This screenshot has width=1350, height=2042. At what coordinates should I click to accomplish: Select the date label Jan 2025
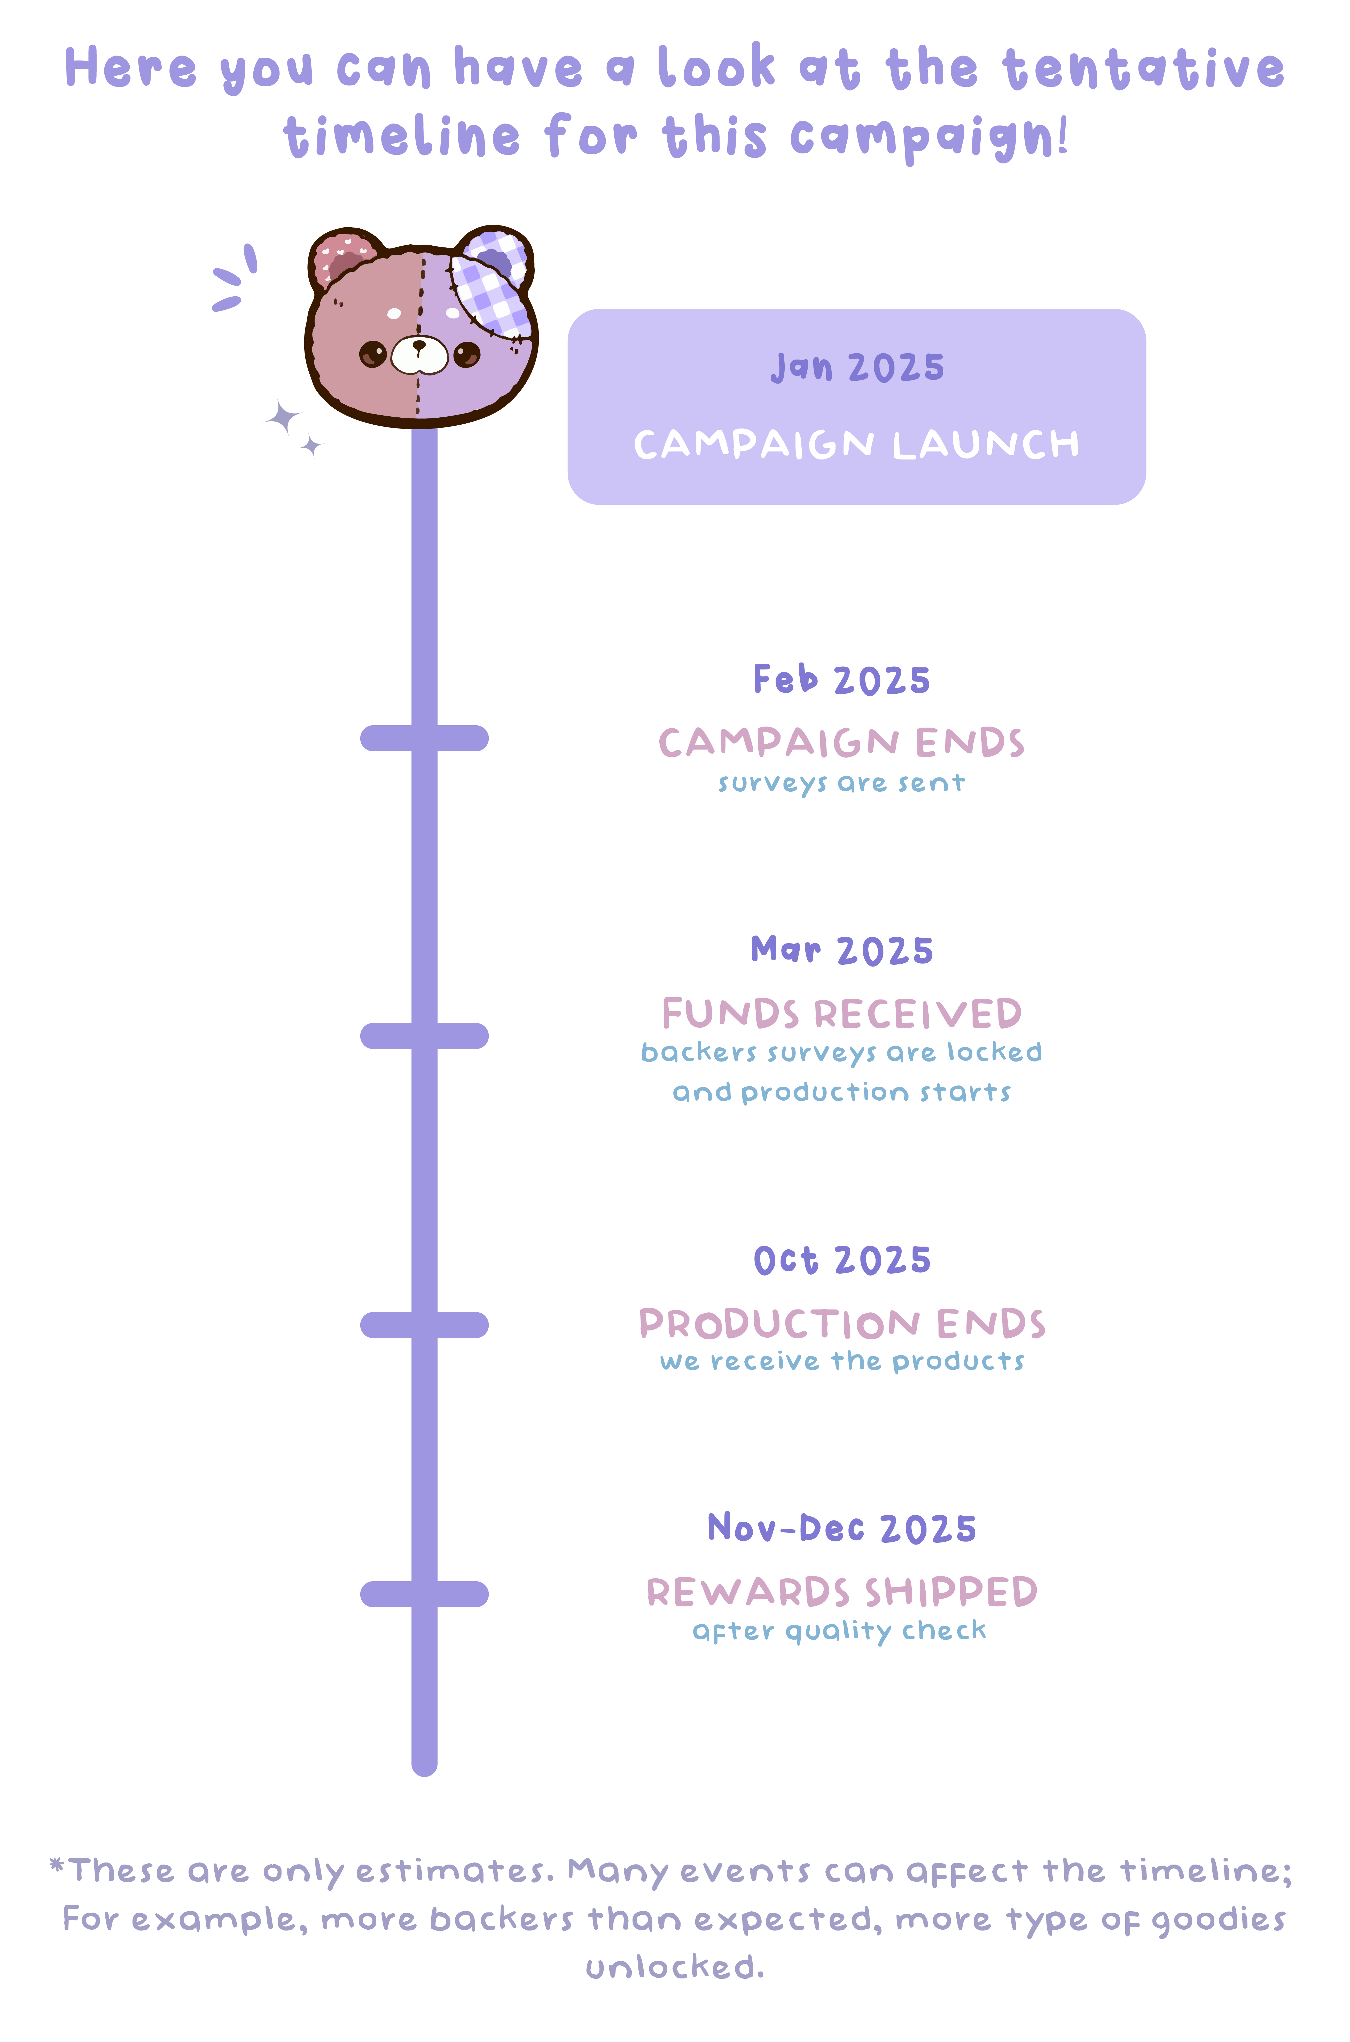[x=857, y=368]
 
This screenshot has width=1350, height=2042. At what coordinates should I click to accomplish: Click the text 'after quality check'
[x=839, y=1631]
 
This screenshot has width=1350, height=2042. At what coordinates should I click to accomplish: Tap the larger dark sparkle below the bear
[x=282, y=418]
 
